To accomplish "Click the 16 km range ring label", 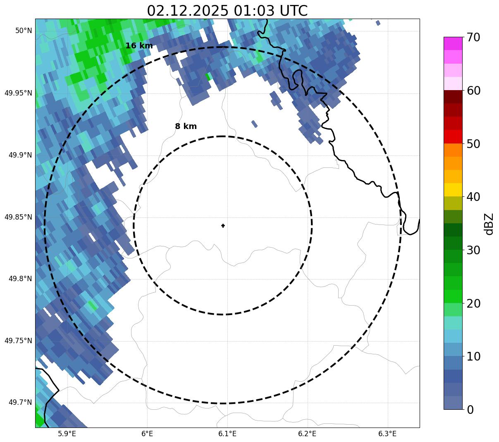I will click(x=139, y=46).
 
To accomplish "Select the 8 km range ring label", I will click(x=186, y=127).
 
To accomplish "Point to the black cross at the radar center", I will click(x=223, y=226).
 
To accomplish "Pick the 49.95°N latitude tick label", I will click(x=18, y=93).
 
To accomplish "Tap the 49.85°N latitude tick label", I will click(x=18, y=217).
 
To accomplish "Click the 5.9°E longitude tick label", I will click(x=67, y=434).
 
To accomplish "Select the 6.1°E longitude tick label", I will click(x=227, y=434).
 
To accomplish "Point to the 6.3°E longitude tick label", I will click(x=387, y=434).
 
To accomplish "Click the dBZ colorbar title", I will click(x=489, y=224).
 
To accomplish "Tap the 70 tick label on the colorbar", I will click(x=473, y=38).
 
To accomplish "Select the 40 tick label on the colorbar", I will click(x=473, y=197).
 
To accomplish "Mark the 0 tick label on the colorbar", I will click(x=470, y=410).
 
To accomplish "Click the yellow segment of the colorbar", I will click(x=453, y=190).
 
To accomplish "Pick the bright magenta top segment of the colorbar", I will click(x=453, y=43).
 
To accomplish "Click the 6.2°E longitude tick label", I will click(x=307, y=434).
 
